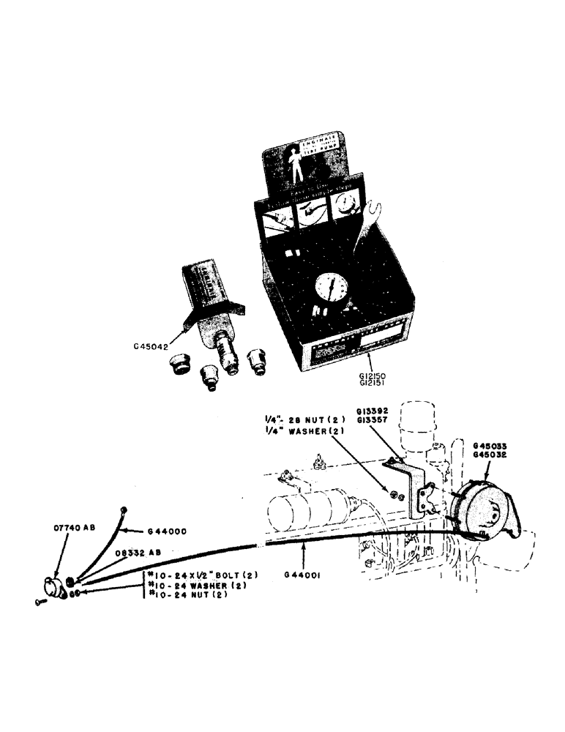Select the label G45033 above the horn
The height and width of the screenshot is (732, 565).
click(x=490, y=445)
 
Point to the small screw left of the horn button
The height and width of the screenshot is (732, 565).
click(x=38, y=602)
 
